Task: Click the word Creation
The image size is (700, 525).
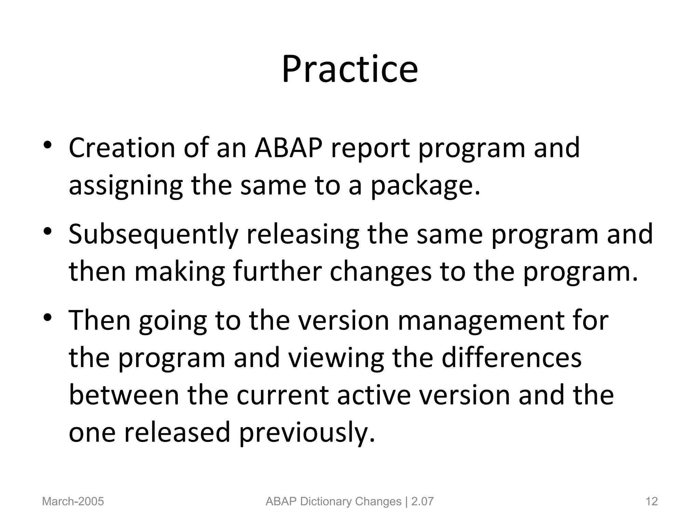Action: pos(121,148)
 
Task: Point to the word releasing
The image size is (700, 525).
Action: pos(302,235)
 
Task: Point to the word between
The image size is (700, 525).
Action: pos(124,395)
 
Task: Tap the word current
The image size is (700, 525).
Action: pos(282,395)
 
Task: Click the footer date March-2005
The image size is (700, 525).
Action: pos(73,501)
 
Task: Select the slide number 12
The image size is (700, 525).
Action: pos(651,501)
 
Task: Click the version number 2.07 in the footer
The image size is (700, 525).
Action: pos(422,501)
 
